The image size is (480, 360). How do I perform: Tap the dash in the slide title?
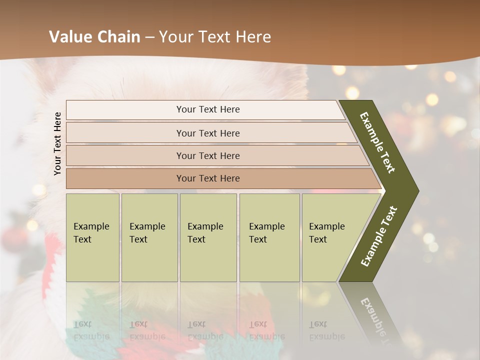tap(149, 37)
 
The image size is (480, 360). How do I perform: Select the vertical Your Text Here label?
tap(57, 143)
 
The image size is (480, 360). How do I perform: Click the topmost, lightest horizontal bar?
tap(207, 109)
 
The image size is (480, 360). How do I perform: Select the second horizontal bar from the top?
tap(207, 133)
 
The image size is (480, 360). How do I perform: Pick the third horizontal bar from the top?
tap(207, 155)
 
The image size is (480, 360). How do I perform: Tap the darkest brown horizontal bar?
tap(207, 178)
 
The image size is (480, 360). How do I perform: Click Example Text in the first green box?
tap(91, 233)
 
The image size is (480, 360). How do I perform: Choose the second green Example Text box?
tap(147, 233)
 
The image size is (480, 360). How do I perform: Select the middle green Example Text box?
tap(205, 233)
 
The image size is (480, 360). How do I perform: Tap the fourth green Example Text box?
tap(266, 233)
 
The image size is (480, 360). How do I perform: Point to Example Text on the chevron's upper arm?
tap(377, 142)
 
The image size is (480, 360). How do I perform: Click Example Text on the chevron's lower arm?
tap(378, 236)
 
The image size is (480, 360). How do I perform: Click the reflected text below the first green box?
tap(91, 330)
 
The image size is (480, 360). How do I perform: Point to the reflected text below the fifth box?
tap(326, 330)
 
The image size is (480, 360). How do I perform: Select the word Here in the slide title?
tap(253, 37)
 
